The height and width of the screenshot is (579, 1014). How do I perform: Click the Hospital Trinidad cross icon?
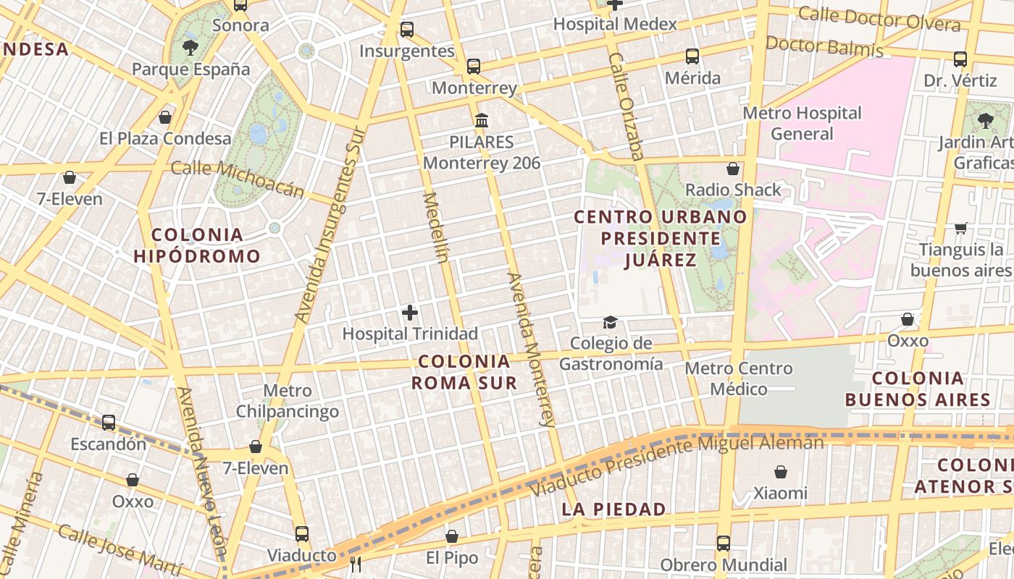coord(410,313)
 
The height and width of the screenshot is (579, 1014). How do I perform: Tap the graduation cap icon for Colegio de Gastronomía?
coord(611,322)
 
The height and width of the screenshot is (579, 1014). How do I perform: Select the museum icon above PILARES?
coord(482,120)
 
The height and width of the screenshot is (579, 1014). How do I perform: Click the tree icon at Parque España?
coord(190,48)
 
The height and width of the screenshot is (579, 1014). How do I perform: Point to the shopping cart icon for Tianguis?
coord(961,229)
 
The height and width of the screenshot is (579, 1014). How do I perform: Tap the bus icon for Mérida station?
coord(692,56)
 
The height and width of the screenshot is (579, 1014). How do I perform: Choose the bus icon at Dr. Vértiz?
coord(960,59)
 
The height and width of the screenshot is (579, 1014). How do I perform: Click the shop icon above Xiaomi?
coord(781,472)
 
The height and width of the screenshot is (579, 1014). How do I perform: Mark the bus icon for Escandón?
coord(109,423)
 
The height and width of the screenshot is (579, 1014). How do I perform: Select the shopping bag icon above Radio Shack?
coord(733,169)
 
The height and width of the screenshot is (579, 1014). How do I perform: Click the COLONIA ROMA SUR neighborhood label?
coord(464,371)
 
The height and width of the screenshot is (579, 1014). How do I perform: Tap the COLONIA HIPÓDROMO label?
coord(197,245)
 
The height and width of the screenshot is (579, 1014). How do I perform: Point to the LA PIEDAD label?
coord(613,509)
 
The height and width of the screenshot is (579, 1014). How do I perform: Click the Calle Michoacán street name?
coord(238,179)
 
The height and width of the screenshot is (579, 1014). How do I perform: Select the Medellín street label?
coord(437,227)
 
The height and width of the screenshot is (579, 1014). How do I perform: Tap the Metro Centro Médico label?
coord(739,379)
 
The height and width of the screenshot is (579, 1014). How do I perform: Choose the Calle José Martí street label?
coord(119,551)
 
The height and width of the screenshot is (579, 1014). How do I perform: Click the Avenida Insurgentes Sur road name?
coord(328,224)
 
